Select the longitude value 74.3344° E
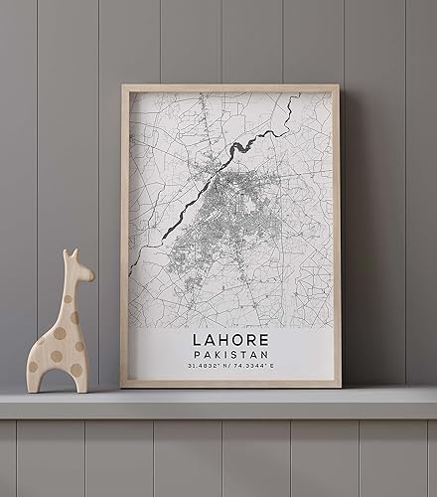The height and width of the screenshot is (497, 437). [258, 367]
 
